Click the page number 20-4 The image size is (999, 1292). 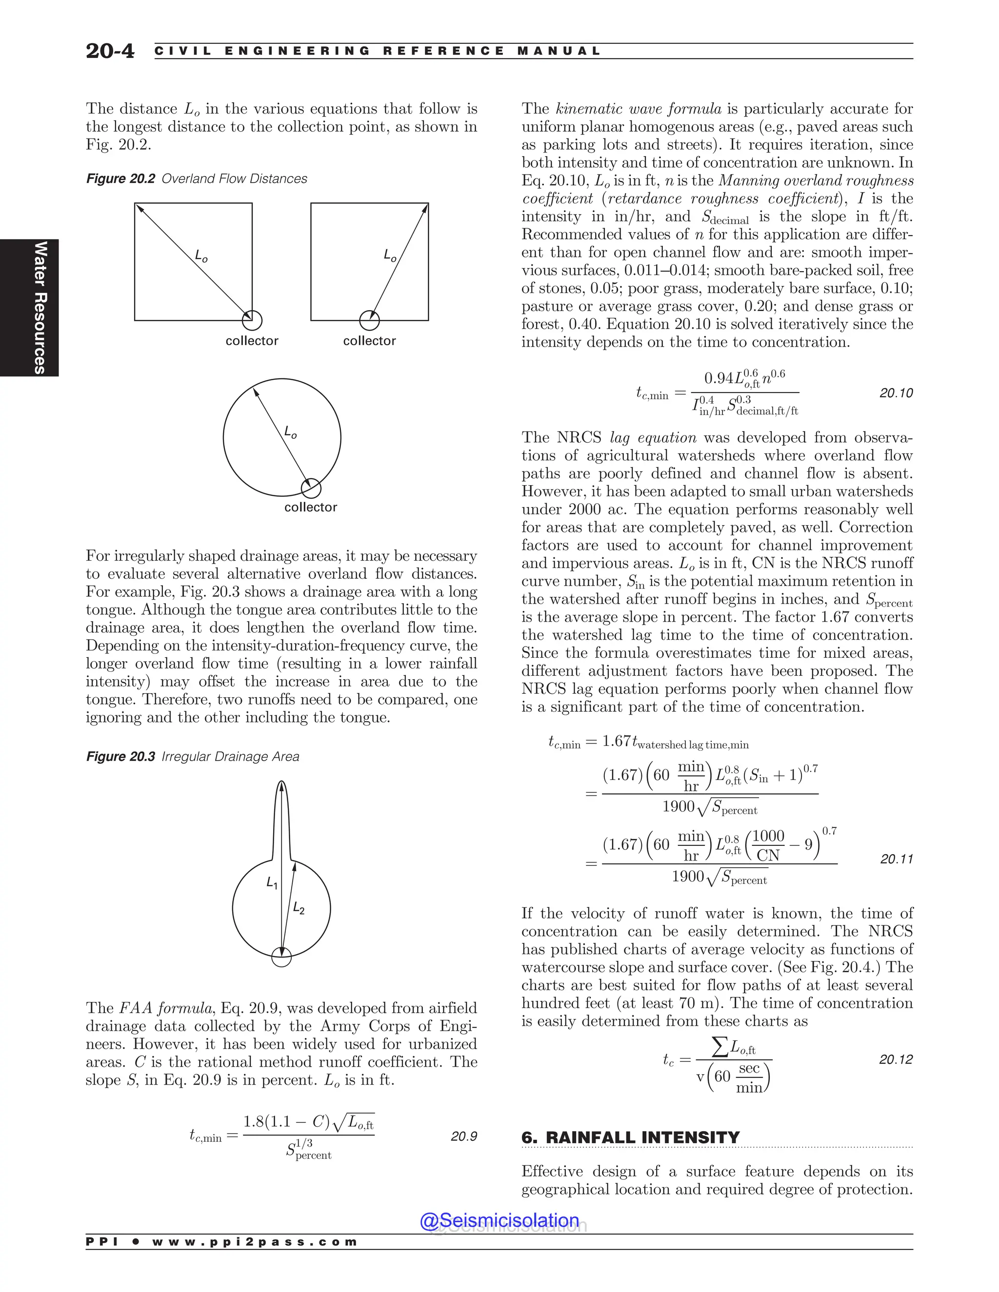[x=110, y=51]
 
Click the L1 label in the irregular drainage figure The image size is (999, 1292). [x=272, y=884]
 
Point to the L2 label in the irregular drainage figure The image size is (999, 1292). [x=299, y=909]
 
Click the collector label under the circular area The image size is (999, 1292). [x=310, y=507]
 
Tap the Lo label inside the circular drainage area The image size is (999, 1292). [x=290, y=432]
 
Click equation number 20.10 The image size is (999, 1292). [x=896, y=393]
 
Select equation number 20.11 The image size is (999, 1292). [x=896, y=859]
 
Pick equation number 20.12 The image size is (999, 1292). [x=896, y=1059]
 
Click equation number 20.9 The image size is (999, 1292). [x=463, y=1136]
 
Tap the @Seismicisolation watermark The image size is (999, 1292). [x=499, y=1220]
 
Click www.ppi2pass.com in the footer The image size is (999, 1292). [x=255, y=1242]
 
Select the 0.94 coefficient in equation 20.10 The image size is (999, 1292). [x=719, y=378]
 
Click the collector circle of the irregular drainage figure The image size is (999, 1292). [x=282, y=957]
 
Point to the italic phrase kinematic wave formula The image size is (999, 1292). [x=638, y=109]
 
